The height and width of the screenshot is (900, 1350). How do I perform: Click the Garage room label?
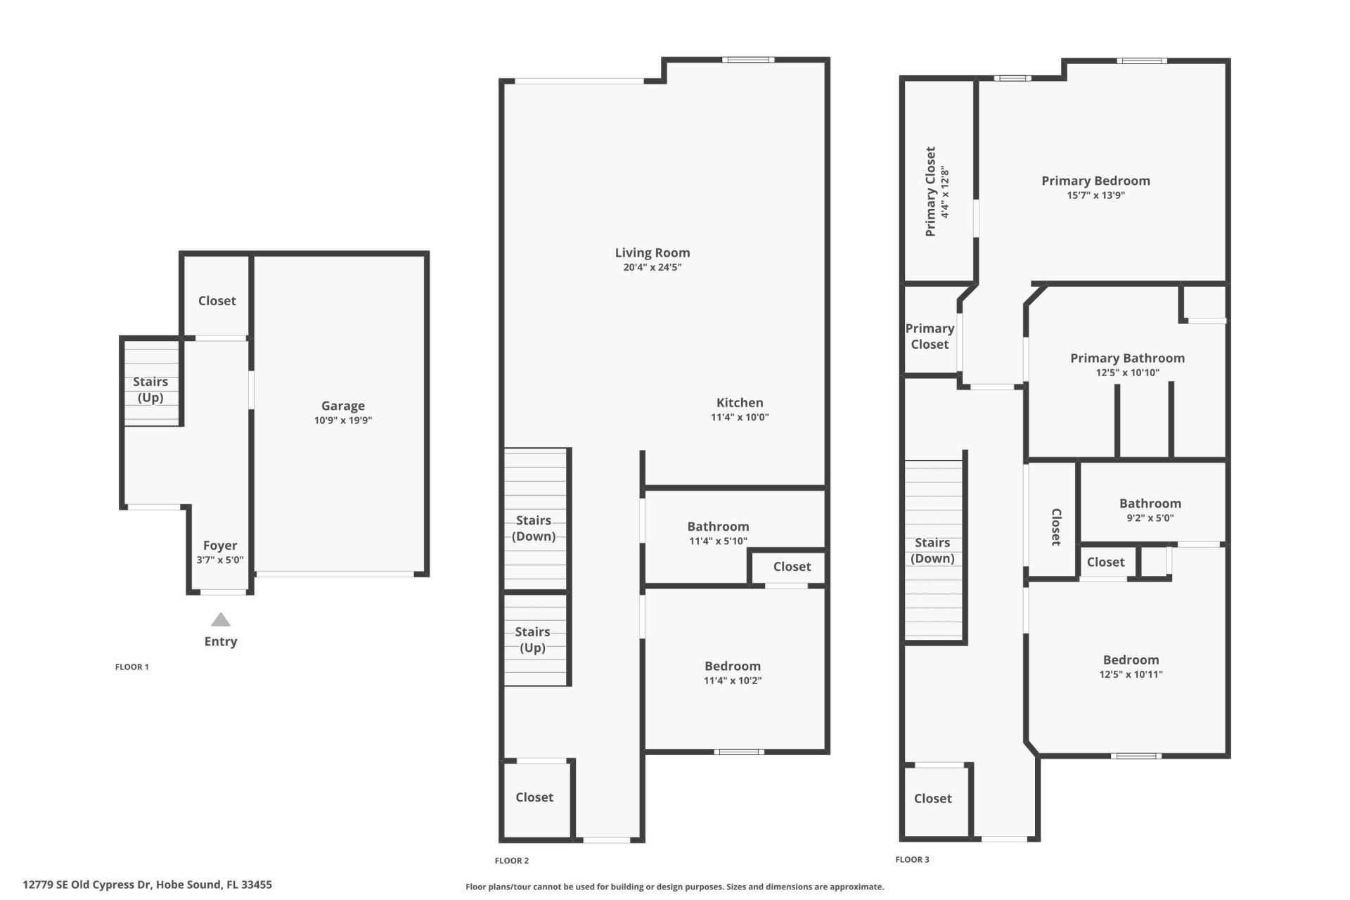point(342,406)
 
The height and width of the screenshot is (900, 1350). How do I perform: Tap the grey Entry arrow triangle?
point(221,619)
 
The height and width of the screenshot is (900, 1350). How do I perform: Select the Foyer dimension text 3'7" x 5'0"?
point(220,560)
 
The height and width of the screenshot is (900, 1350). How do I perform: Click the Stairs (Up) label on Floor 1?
point(150,390)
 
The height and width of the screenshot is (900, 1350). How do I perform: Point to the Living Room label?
point(652,252)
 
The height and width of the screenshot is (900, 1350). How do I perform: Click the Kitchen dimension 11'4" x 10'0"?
point(740,417)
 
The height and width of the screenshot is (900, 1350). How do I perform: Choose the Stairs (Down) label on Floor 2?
point(534,528)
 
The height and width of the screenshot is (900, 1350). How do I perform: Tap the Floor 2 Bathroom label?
point(718,527)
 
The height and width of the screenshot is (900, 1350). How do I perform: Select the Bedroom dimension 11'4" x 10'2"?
point(733,681)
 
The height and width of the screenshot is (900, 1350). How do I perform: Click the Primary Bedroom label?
point(1095,181)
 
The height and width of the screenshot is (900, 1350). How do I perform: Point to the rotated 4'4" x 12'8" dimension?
point(945,192)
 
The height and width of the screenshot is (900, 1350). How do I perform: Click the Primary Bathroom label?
point(1127,358)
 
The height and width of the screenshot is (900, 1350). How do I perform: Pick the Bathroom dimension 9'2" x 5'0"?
point(1150,518)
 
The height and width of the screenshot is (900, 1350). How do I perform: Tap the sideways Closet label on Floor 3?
point(1055,527)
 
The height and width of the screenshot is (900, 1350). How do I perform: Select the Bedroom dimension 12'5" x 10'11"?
point(1131,674)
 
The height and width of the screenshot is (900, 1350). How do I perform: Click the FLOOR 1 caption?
point(132,667)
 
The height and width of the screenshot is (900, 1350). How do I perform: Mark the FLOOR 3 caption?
point(912,859)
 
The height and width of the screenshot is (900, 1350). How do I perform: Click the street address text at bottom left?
point(147,885)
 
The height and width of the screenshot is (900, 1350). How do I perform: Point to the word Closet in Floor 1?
point(217,301)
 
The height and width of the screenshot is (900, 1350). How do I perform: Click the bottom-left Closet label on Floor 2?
point(534,797)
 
